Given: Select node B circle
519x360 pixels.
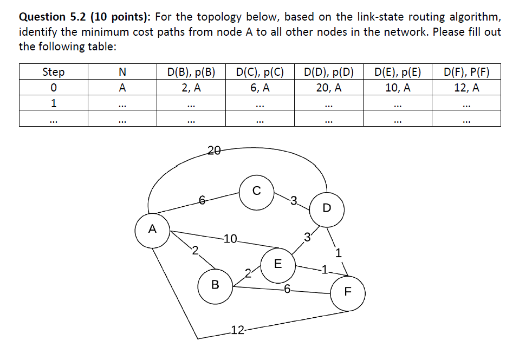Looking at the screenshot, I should [x=215, y=284].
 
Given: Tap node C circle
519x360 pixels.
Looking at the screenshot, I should [x=256, y=191].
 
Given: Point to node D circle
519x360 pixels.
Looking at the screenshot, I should [x=326, y=208].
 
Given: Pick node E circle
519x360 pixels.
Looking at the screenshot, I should [x=278, y=264].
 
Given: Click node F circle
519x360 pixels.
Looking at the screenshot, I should [x=348, y=293].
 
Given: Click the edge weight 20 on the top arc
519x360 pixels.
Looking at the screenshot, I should [x=213, y=151].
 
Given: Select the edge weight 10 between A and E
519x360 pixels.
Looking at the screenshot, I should [x=230, y=238].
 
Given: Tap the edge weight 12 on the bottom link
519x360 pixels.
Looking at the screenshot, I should [x=236, y=330].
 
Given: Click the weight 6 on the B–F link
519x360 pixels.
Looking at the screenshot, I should [x=287, y=289].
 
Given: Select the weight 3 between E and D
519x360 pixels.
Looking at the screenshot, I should [x=307, y=236].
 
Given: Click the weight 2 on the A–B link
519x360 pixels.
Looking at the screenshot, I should [x=195, y=250].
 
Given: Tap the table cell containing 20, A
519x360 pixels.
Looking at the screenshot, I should [x=329, y=87].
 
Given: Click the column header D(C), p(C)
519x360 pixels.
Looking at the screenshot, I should [x=260, y=71].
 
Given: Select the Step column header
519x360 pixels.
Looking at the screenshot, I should [x=53, y=71].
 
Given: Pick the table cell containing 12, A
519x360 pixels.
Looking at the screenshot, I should [x=466, y=87].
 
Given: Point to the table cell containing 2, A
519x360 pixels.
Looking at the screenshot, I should [x=191, y=87].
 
